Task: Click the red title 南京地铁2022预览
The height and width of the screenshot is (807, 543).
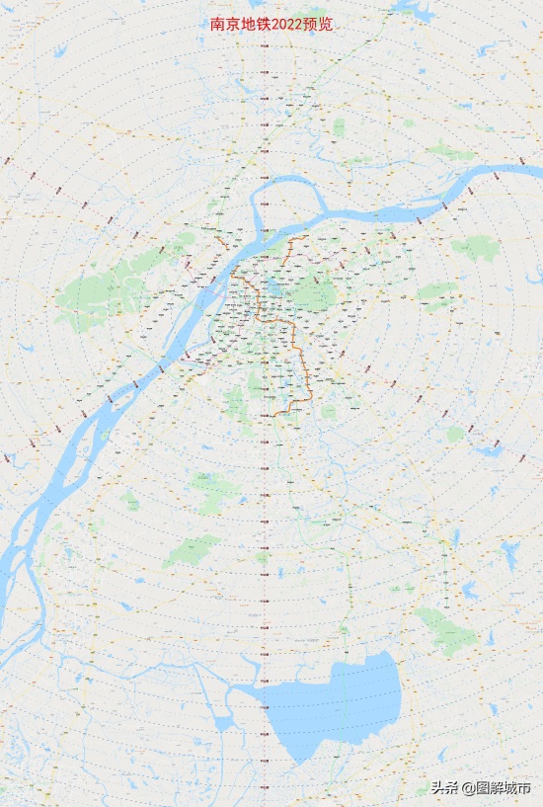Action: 271,24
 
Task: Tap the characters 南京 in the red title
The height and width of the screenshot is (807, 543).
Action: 223,24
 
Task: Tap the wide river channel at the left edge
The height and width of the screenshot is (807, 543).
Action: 20,553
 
